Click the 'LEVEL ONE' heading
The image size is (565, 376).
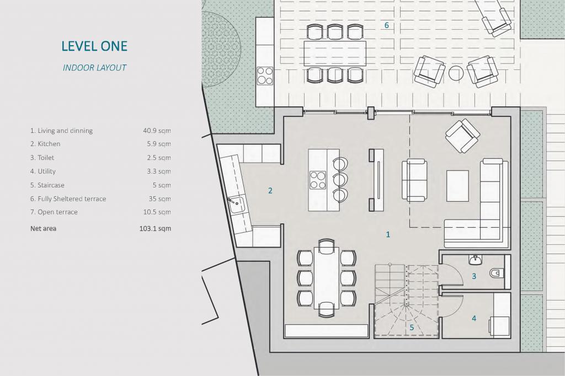(94, 46)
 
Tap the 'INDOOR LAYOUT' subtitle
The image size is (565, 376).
(94, 68)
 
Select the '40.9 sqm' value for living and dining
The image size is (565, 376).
(157, 130)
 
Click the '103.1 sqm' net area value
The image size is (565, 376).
(155, 228)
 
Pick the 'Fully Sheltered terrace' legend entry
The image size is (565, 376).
(68, 199)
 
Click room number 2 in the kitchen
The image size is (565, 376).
(270, 191)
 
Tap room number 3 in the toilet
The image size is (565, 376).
(474, 276)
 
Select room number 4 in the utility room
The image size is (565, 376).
(474, 318)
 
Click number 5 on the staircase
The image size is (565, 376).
(412, 327)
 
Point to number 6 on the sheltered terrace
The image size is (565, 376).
(387, 25)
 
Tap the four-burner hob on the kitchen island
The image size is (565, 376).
(318, 180)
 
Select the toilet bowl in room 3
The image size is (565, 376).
(497, 273)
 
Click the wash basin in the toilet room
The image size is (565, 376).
(476, 259)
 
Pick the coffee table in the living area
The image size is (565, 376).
(457, 186)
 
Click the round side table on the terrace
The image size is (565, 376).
(456, 73)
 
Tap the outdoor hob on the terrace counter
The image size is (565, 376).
(265, 76)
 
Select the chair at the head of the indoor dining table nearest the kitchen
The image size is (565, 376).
(327, 244)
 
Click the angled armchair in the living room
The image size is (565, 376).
(463, 136)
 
